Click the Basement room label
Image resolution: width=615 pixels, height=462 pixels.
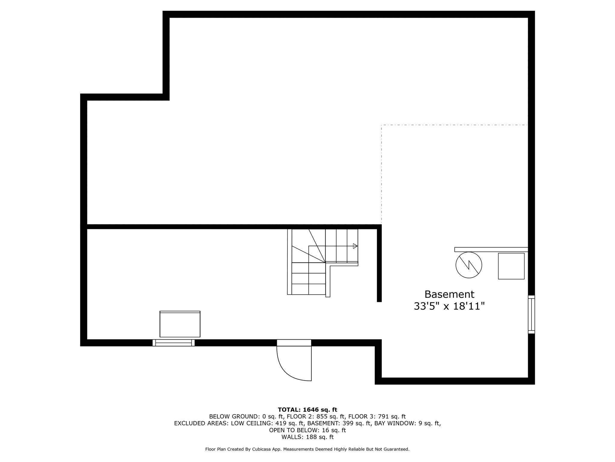[449, 294]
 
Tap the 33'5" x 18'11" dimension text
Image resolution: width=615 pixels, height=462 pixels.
[449, 306]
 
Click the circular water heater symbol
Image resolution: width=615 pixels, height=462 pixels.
[469, 265]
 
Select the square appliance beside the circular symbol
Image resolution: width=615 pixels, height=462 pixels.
[511, 266]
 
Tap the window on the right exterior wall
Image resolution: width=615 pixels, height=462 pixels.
[531, 314]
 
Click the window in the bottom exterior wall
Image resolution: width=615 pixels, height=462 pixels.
[174, 343]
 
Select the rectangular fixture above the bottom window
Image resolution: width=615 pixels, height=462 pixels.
[180, 324]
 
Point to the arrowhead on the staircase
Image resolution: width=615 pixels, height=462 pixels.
[355, 246]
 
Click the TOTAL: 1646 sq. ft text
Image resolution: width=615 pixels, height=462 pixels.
[307, 410]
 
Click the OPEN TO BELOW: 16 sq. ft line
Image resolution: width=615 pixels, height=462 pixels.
[307, 430]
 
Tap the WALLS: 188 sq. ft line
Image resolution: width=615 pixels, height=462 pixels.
[307, 437]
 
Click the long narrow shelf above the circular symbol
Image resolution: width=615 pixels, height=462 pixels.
[491, 249]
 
